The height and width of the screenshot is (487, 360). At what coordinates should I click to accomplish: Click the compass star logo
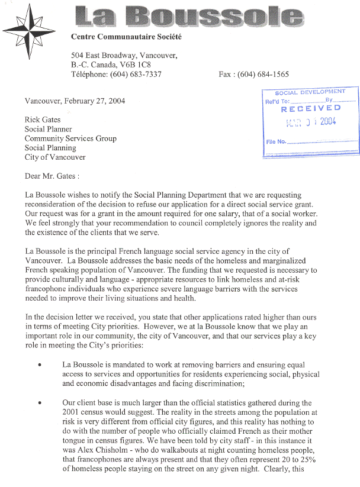(x=29, y=30)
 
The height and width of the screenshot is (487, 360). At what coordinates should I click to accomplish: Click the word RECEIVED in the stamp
(x=311, y=109)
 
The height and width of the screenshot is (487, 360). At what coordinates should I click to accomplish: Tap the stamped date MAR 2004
(x=311, y=122)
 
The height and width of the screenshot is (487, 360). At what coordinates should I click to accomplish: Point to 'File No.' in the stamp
(x=277, y=142)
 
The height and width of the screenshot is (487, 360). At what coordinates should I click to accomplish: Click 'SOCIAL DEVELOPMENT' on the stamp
(x=310, y=92)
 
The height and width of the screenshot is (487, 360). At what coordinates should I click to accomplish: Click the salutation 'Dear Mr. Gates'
(x=52, y=176)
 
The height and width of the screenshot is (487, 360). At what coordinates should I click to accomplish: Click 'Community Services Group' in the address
(x=70, y=138)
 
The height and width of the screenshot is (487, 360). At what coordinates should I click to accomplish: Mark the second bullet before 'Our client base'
(x=39, y=403)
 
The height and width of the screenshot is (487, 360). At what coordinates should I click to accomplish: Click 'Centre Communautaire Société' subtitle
(x=126, y=37)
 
